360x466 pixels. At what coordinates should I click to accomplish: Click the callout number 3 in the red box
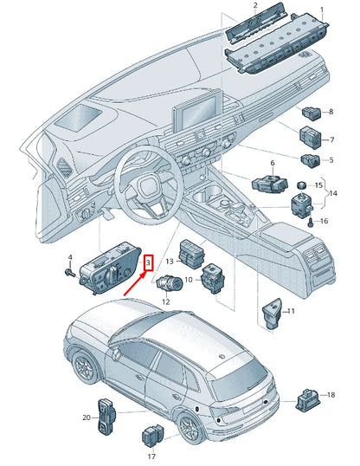[148, 262]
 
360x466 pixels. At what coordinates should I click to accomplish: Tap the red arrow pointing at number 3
[135, 284]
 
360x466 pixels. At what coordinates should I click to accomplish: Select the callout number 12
[166, 302]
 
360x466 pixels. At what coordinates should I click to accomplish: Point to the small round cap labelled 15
[302, 184]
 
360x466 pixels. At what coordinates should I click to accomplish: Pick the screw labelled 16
[310, 222]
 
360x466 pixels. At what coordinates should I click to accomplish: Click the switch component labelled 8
[312, 113]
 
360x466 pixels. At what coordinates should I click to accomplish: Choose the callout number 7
[332, 139]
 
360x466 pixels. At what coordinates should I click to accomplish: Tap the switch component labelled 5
[311, 161]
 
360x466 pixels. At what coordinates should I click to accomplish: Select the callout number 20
[87, 417]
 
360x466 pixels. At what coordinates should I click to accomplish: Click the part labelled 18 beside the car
[307, 399]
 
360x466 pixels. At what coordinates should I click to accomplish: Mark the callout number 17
[151, 456]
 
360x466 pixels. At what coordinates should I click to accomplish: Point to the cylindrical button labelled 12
[170, 282]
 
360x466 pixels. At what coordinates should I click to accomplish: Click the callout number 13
[170, 262]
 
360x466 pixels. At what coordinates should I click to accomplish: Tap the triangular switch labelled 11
[272, 314]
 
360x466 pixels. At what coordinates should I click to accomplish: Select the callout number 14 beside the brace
[333, 193]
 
